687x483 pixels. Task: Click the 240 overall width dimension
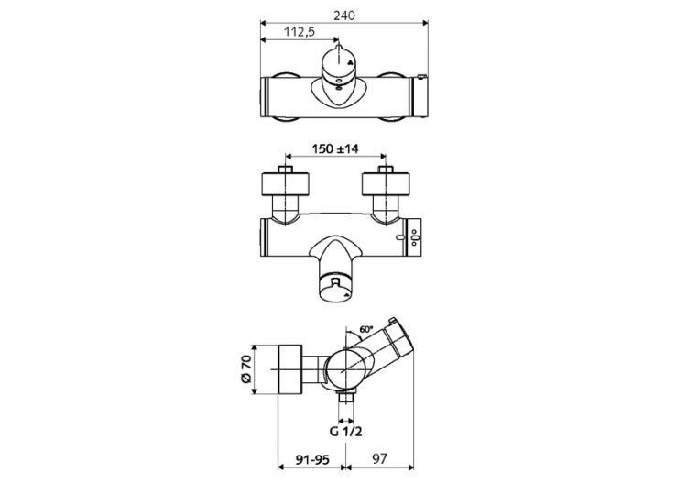pos(344,15)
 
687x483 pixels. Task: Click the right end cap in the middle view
pos(415,238)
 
